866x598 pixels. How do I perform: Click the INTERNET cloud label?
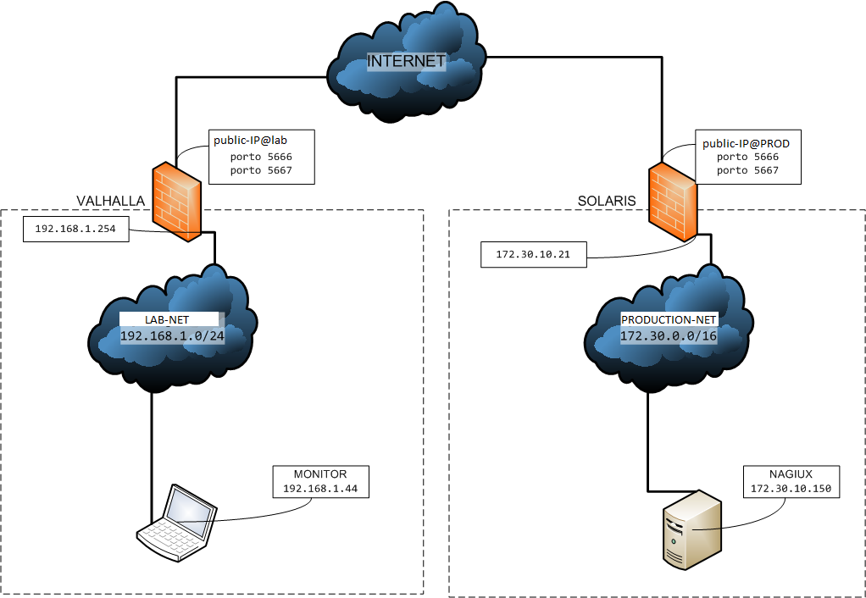coord(406,61)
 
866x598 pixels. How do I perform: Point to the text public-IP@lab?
coord(252,141)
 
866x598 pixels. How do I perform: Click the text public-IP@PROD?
coord(746,143)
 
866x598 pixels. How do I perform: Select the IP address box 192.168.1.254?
coord(75,229)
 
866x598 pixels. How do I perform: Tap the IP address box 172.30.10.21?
coord(533,254)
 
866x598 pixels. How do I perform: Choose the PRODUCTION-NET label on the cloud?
coord(669,319)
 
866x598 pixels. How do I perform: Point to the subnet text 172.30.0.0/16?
coord(669,336)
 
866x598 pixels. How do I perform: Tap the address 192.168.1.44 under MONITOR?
coord(320,489)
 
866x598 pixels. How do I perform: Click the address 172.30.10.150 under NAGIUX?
coord(790,489)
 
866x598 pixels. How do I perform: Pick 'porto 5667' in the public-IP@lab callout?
coord(261,170)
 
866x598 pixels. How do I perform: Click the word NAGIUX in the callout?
coord(790,474)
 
